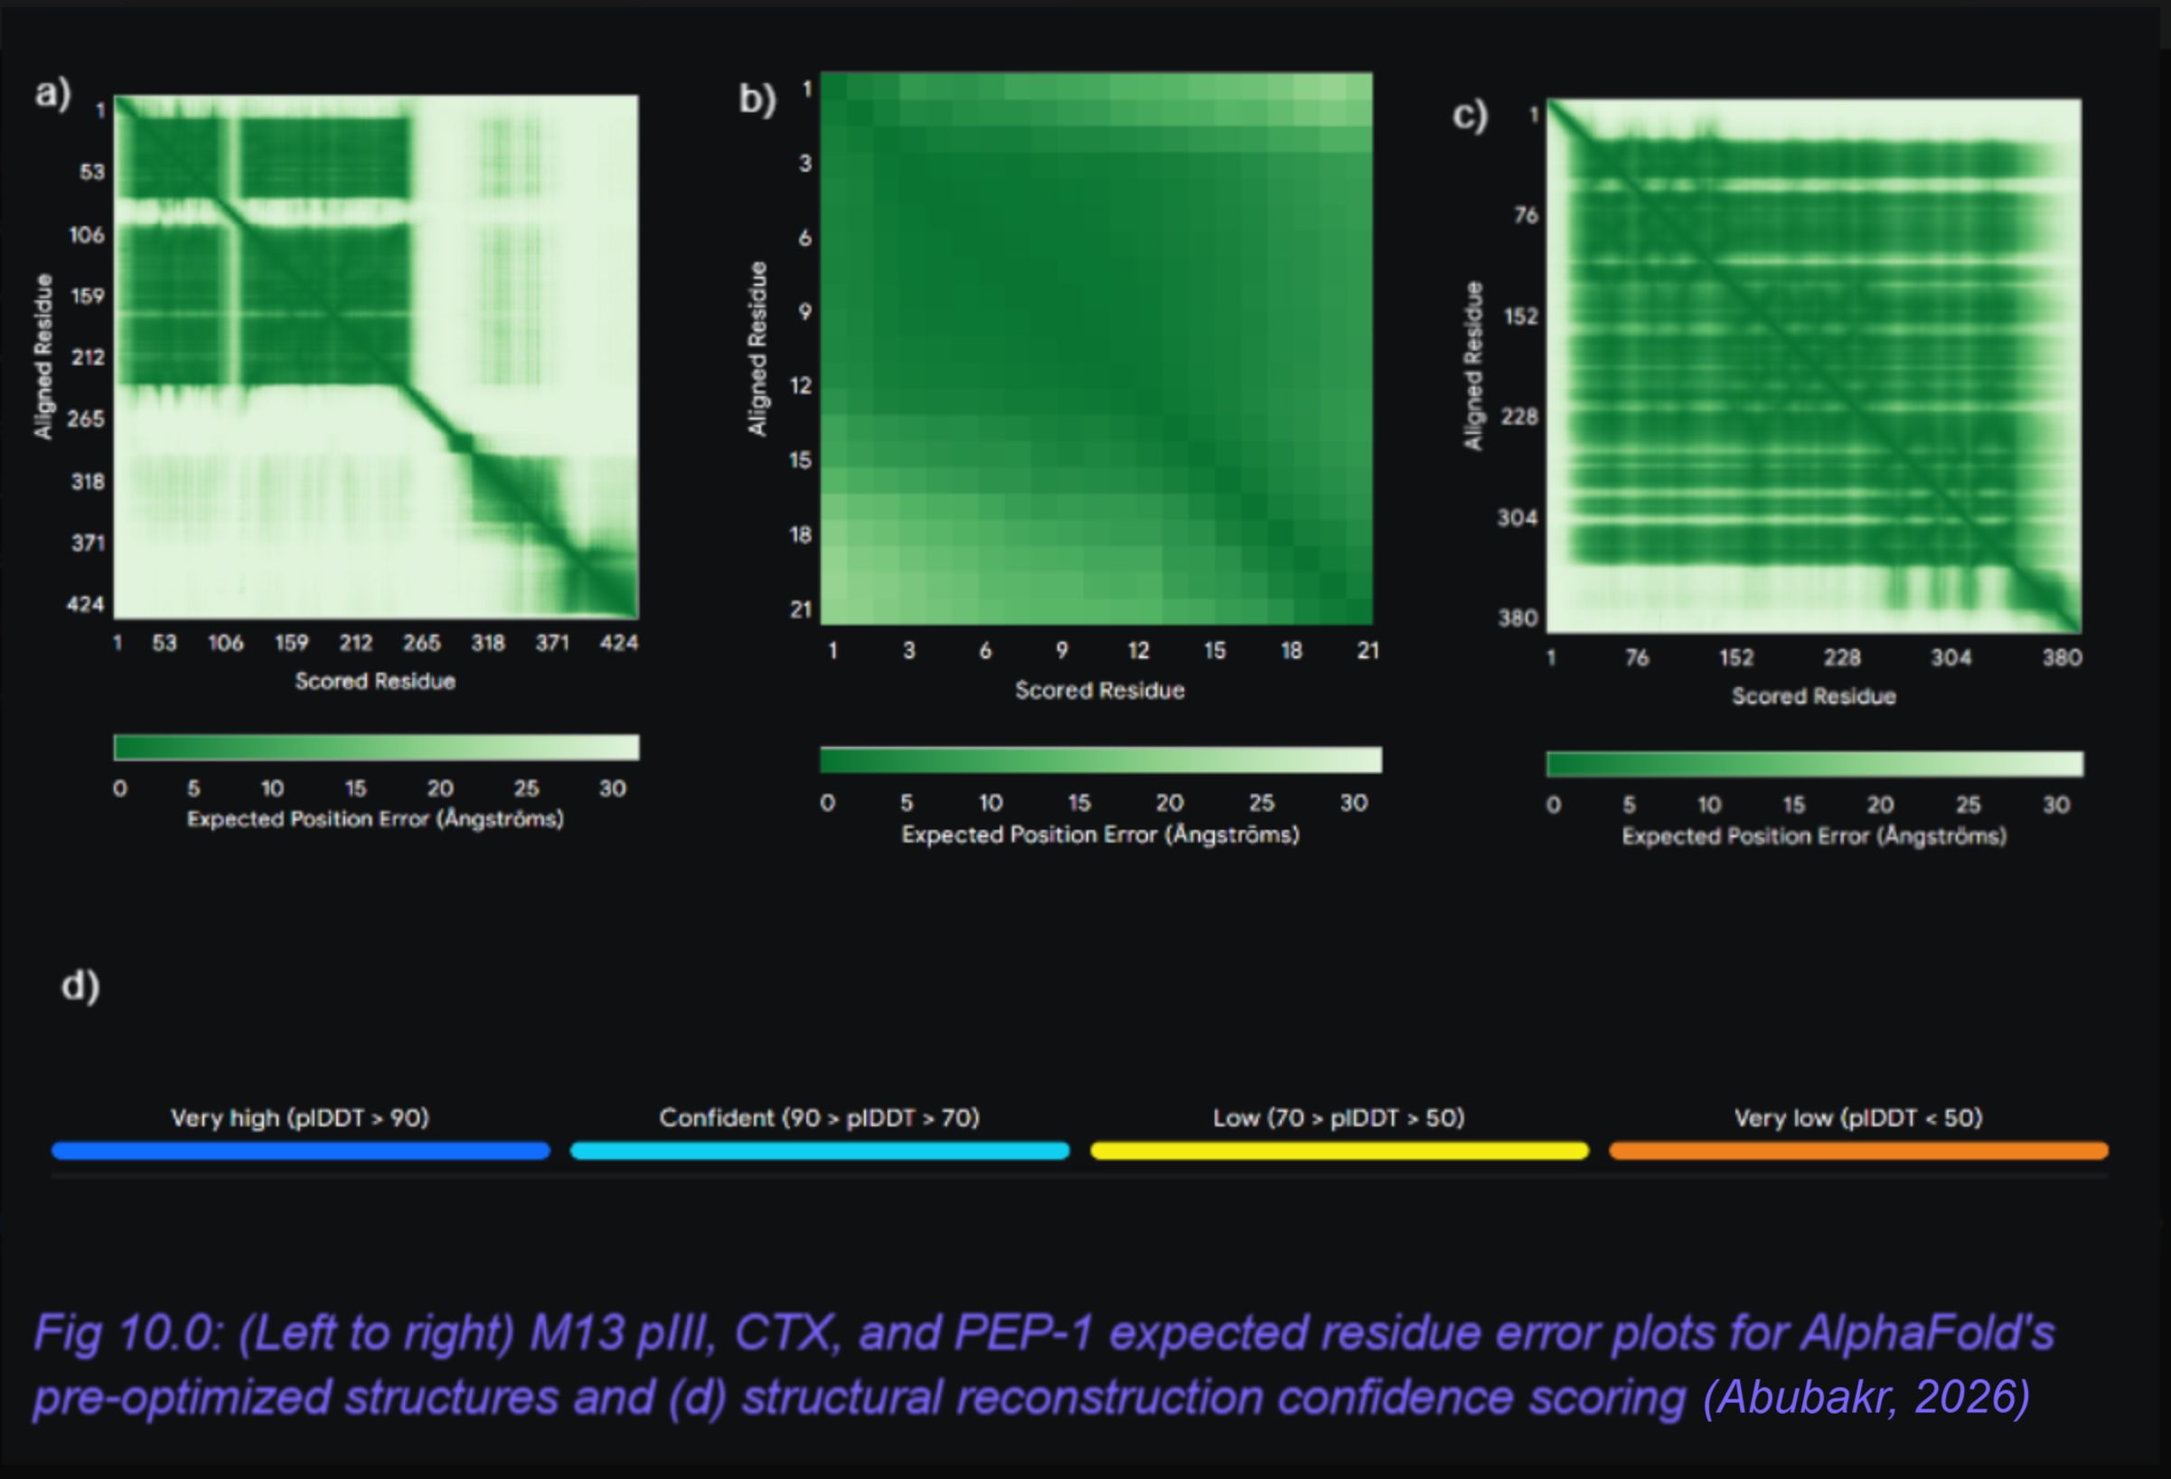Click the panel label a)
(x=53, y=93)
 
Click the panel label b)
(x=757, y=99)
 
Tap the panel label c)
(x=1470, y=115)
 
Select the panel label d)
(x=80, y=985)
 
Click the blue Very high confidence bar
(x=301, y=1151)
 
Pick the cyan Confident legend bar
(x=819, y=1151)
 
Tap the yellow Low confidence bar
(x=1339, y=1151)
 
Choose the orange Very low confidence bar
(x=1859, y=1151)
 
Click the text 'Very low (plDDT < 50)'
(x=1858, y=1117)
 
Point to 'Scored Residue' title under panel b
(x=1100, y=691)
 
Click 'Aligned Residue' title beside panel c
(x=1473, y=366)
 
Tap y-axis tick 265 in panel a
(x=86, y=419)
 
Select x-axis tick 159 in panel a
(x=291, y=643)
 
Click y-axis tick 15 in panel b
(x=801, y=459)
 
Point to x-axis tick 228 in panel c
(x=1842, y=658)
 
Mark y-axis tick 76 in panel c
(x=1526, y=215)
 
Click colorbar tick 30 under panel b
(x=1354, y=803)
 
